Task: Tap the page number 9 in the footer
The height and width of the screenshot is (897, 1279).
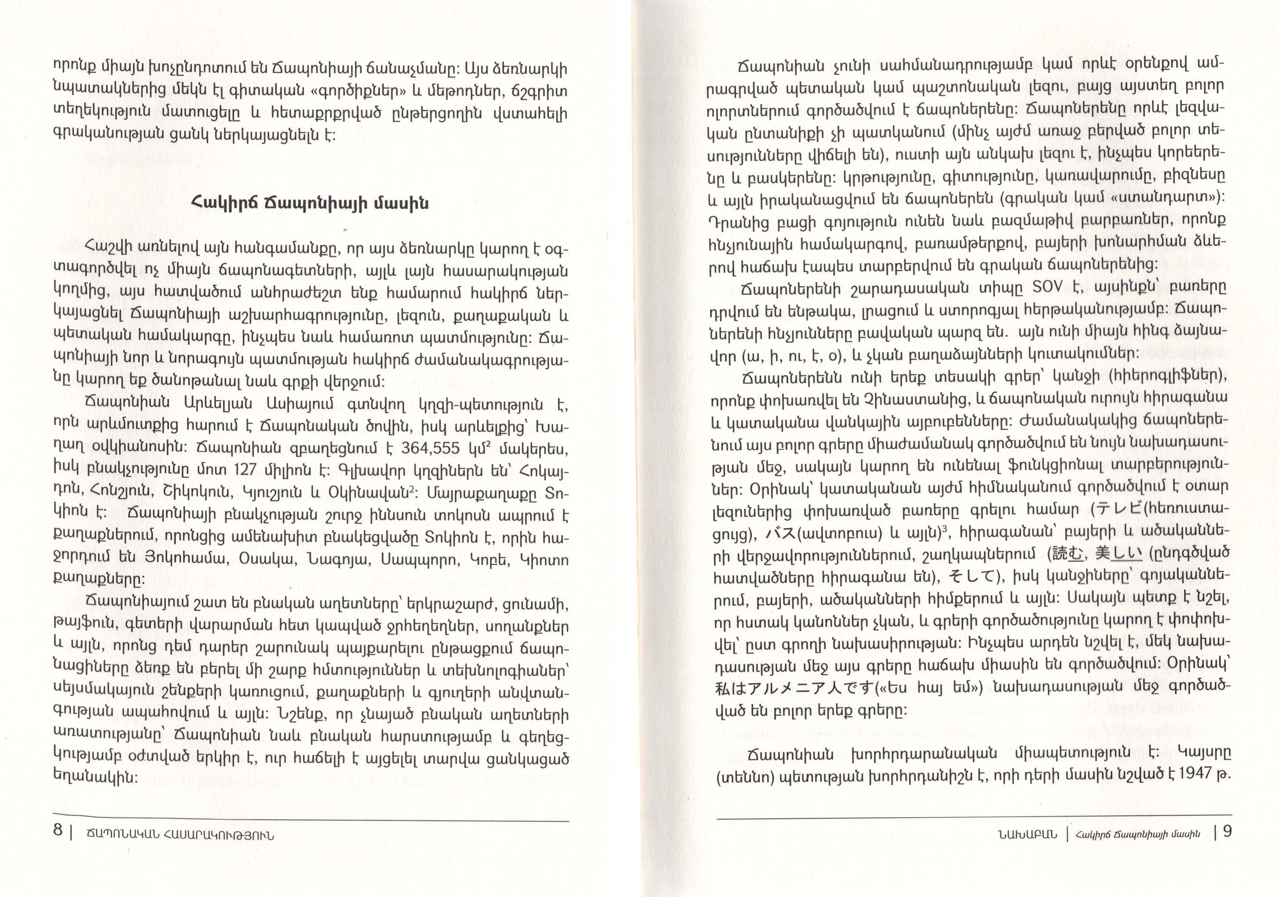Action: [x=1227, y=832]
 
